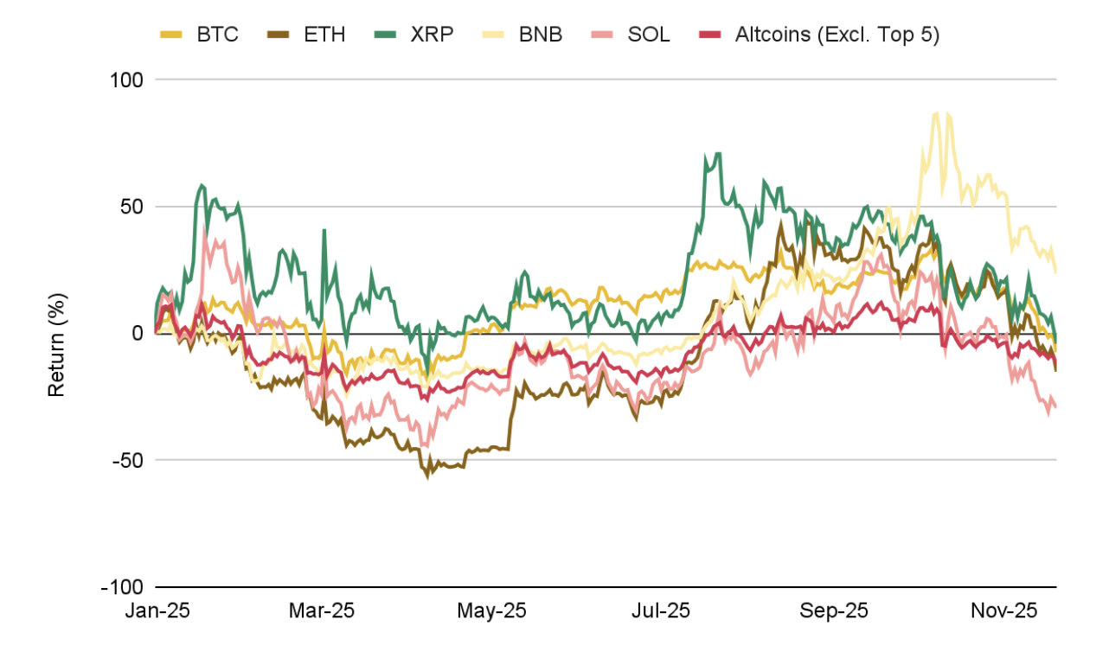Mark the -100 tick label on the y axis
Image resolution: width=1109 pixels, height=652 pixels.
tap(125, 587)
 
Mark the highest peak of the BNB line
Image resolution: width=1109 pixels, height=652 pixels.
tap(935, 112)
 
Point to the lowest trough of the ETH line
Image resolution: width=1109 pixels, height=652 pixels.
tap(426, 476)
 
